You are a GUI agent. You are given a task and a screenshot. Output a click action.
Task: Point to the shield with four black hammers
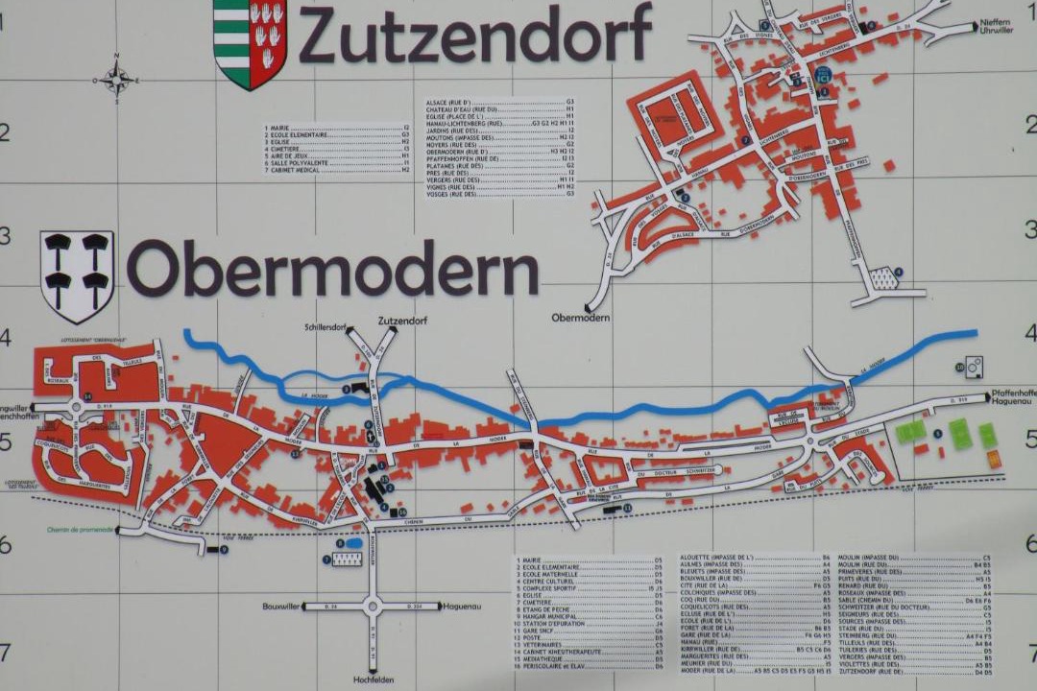(77, 275)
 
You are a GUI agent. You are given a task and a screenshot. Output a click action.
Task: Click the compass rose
(116, 79)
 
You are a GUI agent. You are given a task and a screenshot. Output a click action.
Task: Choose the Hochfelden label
(373, 679)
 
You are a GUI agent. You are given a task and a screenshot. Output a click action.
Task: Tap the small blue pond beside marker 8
(354, 544)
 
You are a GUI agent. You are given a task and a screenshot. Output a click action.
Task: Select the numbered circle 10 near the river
(959, 367)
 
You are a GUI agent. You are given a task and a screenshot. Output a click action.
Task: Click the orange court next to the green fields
(994, 460)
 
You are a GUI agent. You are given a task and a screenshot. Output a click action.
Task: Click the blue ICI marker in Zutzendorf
(822, 75)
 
